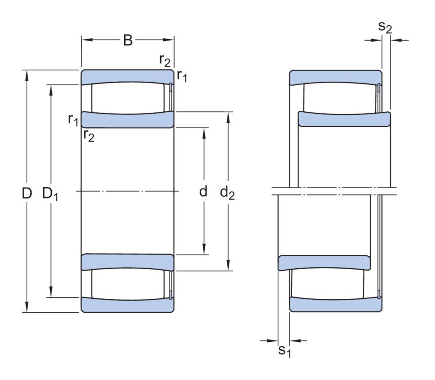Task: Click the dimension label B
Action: point(128,40)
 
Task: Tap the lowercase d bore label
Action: point(203,191)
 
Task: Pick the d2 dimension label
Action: point(227,193)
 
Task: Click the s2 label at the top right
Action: point(385,27)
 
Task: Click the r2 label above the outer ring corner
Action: point(165,60)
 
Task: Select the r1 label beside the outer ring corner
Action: point(182,76)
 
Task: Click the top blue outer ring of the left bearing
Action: point(128,76)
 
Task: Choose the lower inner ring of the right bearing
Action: point(324,263)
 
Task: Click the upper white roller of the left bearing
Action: point(128,97)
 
